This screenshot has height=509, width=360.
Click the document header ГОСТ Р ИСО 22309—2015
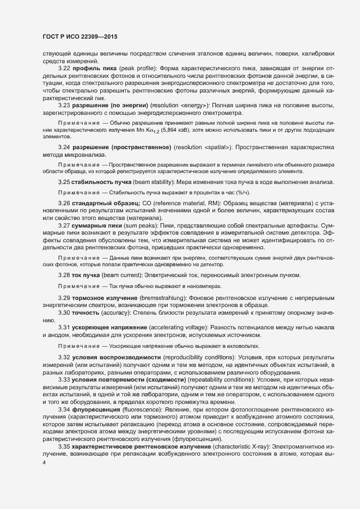click(x=80, y=36)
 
